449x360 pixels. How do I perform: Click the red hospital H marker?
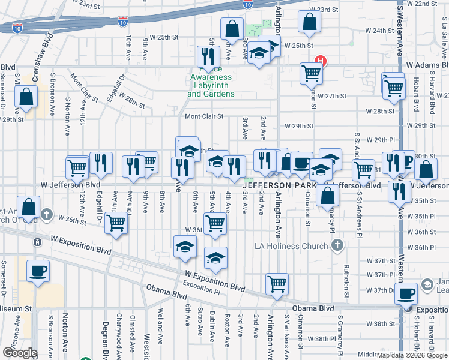[321, 61]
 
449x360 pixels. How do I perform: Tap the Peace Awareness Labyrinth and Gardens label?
[211, 86]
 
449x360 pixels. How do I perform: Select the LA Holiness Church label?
[292, 245]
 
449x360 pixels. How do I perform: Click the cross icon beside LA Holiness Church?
[338, 245]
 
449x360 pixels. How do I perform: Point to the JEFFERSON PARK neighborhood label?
[273, 185]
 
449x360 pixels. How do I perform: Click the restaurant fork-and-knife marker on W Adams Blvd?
[208, 56]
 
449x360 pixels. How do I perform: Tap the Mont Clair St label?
[204, 116]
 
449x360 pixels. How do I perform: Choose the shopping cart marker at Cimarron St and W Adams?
[312, 73]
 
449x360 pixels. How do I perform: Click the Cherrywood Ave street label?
[119, 333]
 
